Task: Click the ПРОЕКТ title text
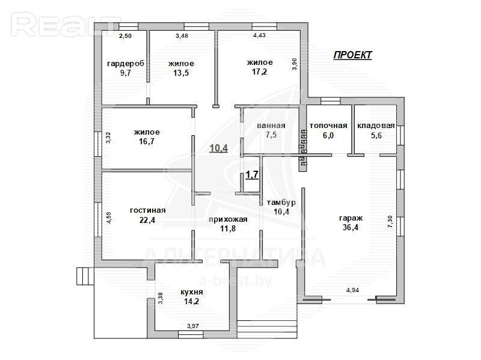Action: pyautogui.click(x=352, y=55)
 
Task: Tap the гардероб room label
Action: pyautogui.click(x=126, y=64)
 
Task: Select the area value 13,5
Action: pyautogui.click(x=181, y=73)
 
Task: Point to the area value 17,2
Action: pyautogui.click(x=260, y=72)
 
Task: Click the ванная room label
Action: pyautogui.click(x=271, y=126)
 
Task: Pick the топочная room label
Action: pyautogui.click(x=328, y=126)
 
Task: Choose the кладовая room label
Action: pyautogui.click(x=376, y=126)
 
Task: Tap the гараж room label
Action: pyautogui.click(x=351, y=218)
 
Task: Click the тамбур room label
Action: pyautogui.click(x=281, y=203)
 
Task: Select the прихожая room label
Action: pyautogui.click(x=228, y=219)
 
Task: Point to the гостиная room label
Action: pyautogui.click(x=147, y=210)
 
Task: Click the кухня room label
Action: pyautogui.click(x=192, y=292)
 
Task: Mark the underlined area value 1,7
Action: pyautogui.click(x=252, y=175)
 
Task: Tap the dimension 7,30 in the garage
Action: pyautogui.click(x=390, y=221)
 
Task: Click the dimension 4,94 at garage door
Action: pyautogui.click(x=352, y=290)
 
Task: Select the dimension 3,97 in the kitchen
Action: pyautogui.click(x=193, y=326)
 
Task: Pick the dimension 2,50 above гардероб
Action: pyautogui.click(x=125, y=36)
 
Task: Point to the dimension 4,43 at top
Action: pyautogui.click(x=259, y=35)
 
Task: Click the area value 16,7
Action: pyautogui.click(x=147, y=142)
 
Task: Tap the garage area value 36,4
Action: pyautogui.click(x=351, y=228)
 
